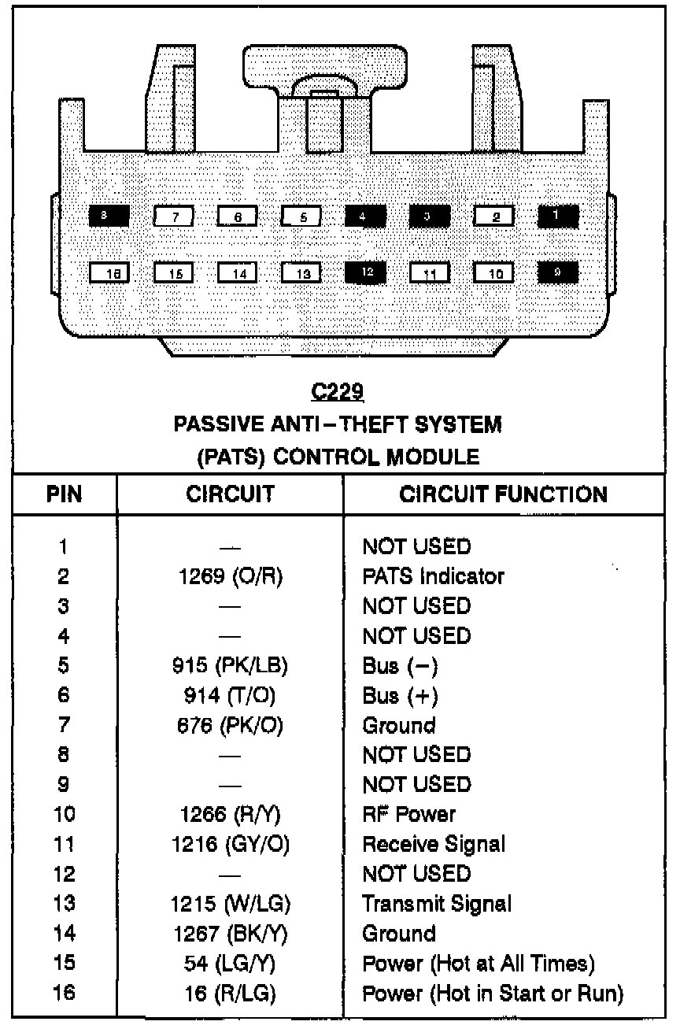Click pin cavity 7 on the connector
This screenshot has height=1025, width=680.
pyautogui.click(x=174, y=216)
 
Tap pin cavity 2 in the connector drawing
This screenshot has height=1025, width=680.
pyautogui.click(x=493, y=216)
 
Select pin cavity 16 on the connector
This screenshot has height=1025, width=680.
pyautogui.click(x=109, y=273)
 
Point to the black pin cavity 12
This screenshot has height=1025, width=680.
pyautogui.click(x=365, y=272)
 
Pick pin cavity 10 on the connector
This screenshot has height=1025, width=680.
pyautogui.click(x=493, y=273)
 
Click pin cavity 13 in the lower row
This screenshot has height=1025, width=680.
pyautogui.click(x=301, y=273)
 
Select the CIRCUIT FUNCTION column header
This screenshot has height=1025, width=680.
pyautogui.click(x=504, y=494)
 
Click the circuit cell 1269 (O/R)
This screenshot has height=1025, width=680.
pyautogui.click(x=231, y=576)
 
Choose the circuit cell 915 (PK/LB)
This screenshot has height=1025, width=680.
pyautogui.click(x=231, y=666)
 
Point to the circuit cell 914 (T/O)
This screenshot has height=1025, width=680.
pyautogui.click(x=231, y=696)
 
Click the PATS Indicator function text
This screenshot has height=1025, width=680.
pyautogui.click(x=433, y=576)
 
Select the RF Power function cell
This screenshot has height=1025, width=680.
pyautogui.click(x=408, y=814)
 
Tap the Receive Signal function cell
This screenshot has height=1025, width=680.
pyautogui.click(x=434, y=844)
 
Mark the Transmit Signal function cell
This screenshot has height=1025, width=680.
pyautogui.click(x=437, y=904)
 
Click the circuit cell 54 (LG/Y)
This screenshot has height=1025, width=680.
pyautogui.click(x=231, y=964)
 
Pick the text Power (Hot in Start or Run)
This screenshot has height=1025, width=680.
pyautogui.click(x=493, y=994)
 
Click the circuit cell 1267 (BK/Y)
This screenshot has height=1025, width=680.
pyautogui.click(x=231, y=934)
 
